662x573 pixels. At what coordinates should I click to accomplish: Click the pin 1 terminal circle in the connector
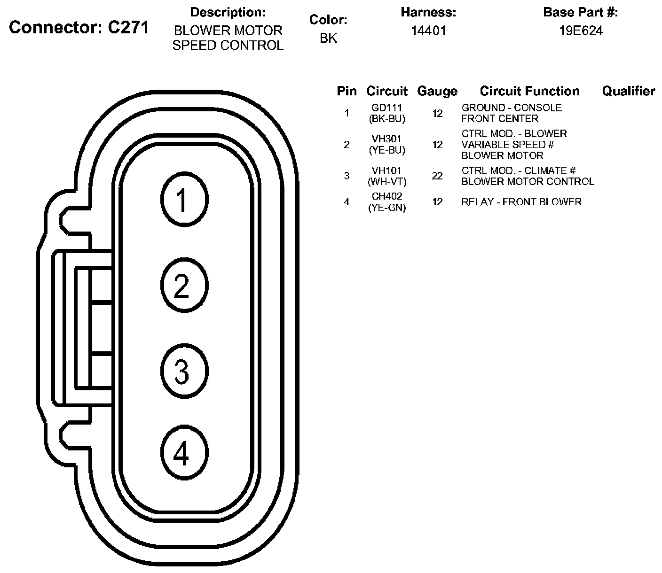coord(184,200)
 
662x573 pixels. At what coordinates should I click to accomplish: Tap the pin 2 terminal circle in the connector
coord(184,286)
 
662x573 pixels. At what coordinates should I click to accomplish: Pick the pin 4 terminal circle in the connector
coord(184,453)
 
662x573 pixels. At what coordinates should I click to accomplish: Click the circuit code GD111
coord(386,108)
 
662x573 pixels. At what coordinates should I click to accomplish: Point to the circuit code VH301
coord(386,139)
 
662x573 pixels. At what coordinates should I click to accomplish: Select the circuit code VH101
coord(386,171)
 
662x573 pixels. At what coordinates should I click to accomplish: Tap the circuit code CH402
coord(386,196)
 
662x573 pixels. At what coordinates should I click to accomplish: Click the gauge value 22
coord(437,176)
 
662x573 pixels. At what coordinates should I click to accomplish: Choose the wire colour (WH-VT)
coord(387,181)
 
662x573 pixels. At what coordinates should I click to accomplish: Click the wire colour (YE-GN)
coord(387,207)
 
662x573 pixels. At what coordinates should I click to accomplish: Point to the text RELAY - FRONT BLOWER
coord(521,202)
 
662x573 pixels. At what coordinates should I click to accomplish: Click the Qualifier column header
coord(628,91)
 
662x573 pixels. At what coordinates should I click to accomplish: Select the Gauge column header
coord(437,92)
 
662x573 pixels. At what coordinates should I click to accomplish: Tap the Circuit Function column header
coord(529,91)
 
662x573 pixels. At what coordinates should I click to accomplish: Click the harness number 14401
coord(428,31)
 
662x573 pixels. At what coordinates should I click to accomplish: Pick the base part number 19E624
coord(580,31)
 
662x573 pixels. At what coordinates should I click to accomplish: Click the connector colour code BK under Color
coord(328,38)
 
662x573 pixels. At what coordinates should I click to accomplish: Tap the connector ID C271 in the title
coord(128,28)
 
